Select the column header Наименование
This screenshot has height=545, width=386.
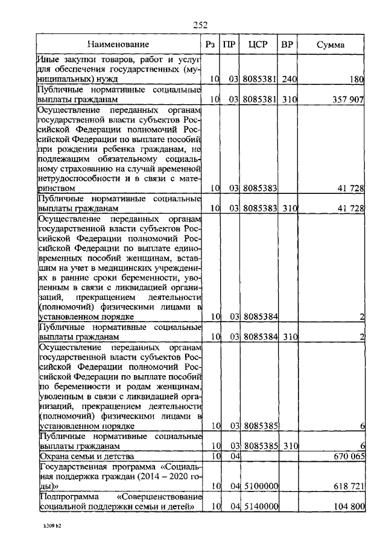point(118,45)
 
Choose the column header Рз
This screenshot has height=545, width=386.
point(209,45)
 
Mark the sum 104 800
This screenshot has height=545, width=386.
point(346,507)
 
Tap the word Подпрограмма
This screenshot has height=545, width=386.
point(65,496)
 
